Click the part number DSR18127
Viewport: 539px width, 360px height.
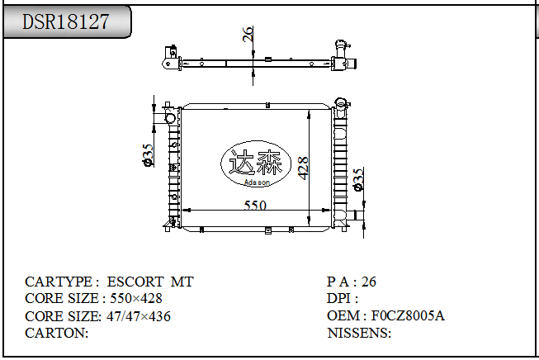click(x=66, y=21)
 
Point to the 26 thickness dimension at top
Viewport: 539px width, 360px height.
click(x=248, y=34)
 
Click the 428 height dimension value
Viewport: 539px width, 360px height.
click(x=303, y=168)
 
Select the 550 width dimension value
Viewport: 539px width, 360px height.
click(x=255, y=206)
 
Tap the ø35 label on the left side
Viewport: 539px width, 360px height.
click(x=148, y=155)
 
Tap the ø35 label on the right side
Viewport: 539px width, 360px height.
click(x=358, y=179)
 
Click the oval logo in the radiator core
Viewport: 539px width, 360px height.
click(x=255, y=163)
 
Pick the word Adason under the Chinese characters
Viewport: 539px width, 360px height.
click(x=257, y=182)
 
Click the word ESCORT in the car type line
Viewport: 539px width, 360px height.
click(x=135, y=282)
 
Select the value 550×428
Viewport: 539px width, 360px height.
click(x=136, y=298)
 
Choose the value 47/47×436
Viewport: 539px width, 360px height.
click(x=138, y=316)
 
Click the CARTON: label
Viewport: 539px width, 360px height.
click(x=57, y=333)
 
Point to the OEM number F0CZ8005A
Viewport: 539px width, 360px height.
click(x=408, y=315)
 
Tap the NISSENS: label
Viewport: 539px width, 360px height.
click(x=359, y=333)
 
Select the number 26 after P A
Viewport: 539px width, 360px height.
click(x=368, y=282)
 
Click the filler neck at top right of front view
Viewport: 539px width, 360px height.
click(x=342, y=103)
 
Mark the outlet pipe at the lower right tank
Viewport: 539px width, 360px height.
click(x=355, y=215)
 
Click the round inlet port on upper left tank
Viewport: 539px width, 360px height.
click(x=170, y=119)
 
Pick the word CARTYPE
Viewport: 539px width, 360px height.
click(x=59, y=282)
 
